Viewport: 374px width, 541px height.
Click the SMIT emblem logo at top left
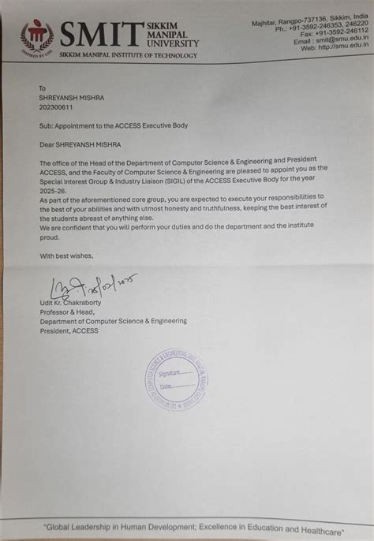click(x=36, y=35)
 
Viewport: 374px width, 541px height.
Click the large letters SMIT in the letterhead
click(x=100, y=33)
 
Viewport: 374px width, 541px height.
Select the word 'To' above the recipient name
click(x=43, y=88)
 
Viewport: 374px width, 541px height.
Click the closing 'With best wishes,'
click(x=66, y=256)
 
